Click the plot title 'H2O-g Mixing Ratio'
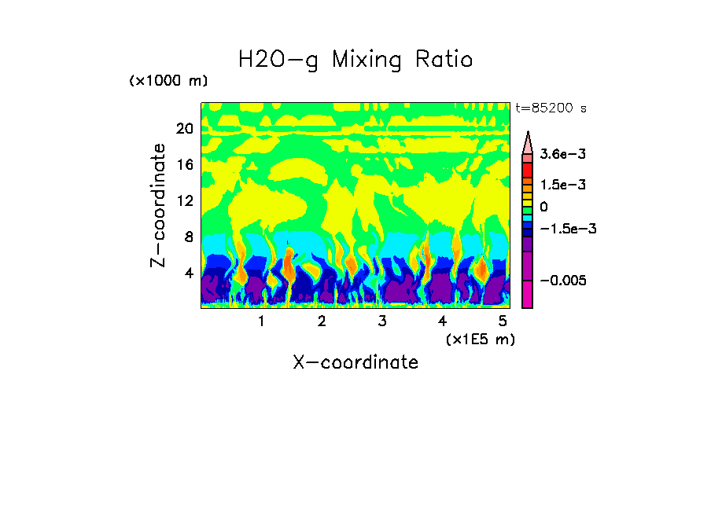(355, 60)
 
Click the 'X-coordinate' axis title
(355, 362)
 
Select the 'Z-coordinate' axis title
(159, 205)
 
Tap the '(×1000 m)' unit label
(168, 81)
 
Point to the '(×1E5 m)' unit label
(480, 339)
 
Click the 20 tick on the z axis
(184, 129)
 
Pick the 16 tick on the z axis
(184, 165)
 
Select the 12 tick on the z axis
(184, 200)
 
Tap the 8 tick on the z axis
(188, 237)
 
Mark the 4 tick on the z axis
(188, 273)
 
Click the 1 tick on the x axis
(261, 321)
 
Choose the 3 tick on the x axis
(381, 321)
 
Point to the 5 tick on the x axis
(503, 321)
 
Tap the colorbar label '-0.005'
(563, 281)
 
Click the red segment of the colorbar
(528, 170)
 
